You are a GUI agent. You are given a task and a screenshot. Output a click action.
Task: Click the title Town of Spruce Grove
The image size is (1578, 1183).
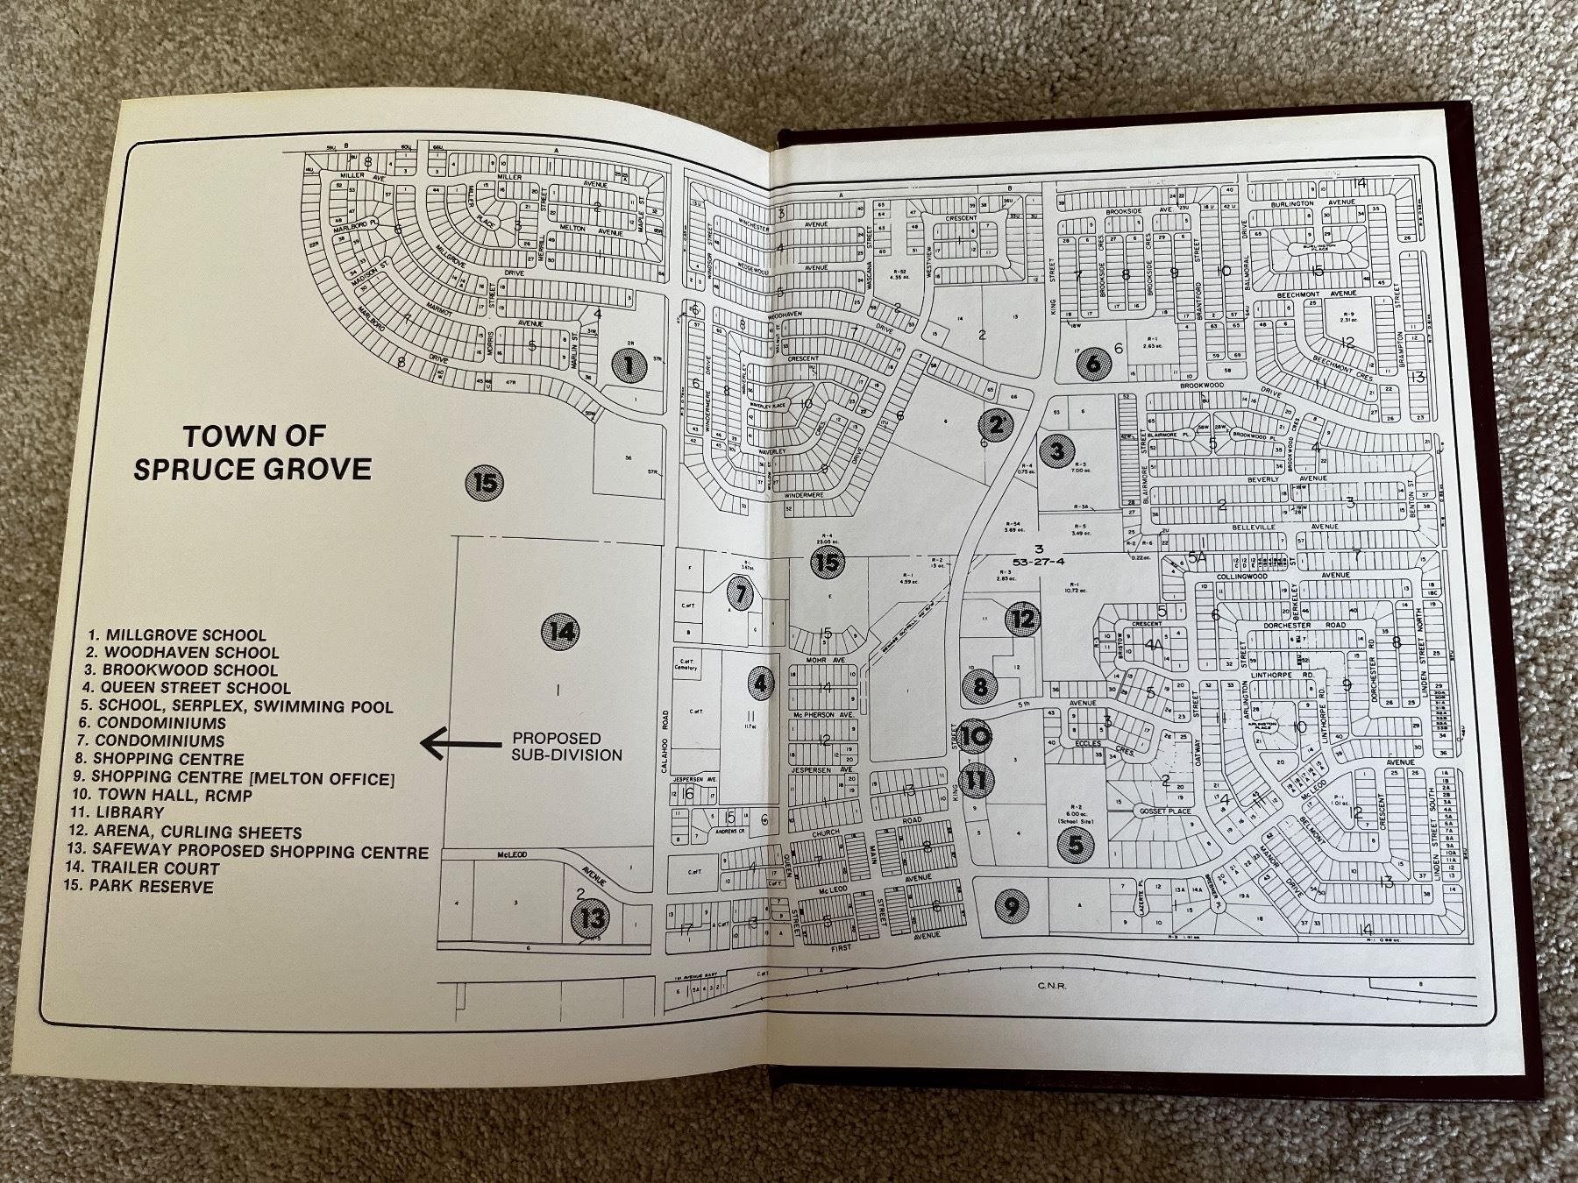click(x=252, y=452)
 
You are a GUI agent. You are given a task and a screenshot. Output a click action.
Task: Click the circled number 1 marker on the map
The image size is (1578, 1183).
click(x=627, y=365)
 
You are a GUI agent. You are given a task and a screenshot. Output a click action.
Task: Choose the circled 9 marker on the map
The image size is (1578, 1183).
click(x=1012, y=906)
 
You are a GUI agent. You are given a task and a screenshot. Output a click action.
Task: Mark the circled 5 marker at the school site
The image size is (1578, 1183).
click(x=1075, y=845)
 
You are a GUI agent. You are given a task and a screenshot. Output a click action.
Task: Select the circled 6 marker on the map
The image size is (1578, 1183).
click(x=1092, y=363)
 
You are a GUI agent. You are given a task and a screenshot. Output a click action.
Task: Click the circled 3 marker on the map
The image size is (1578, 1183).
click(x=1057, y=451)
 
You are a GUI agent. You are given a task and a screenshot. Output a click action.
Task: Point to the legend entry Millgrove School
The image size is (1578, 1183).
click(x=176, y=634)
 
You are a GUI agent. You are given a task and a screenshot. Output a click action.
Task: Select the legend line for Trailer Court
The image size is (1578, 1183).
click(x=153, y=868)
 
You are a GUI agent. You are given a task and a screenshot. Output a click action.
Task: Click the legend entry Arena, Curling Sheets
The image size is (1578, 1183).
click(x=195, y=832)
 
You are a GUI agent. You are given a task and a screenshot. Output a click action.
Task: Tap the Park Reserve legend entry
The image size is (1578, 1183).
click(x=150, y=887)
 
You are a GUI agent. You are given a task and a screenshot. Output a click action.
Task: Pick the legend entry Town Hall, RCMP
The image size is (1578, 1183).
click(x=170, y=796)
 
